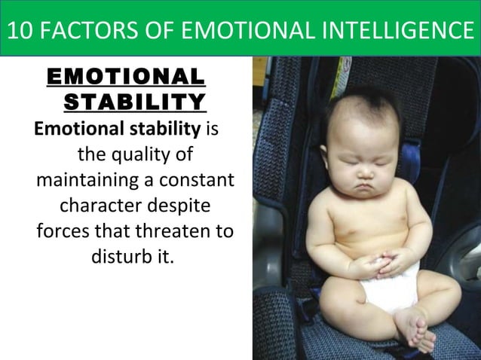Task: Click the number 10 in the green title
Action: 20,32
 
